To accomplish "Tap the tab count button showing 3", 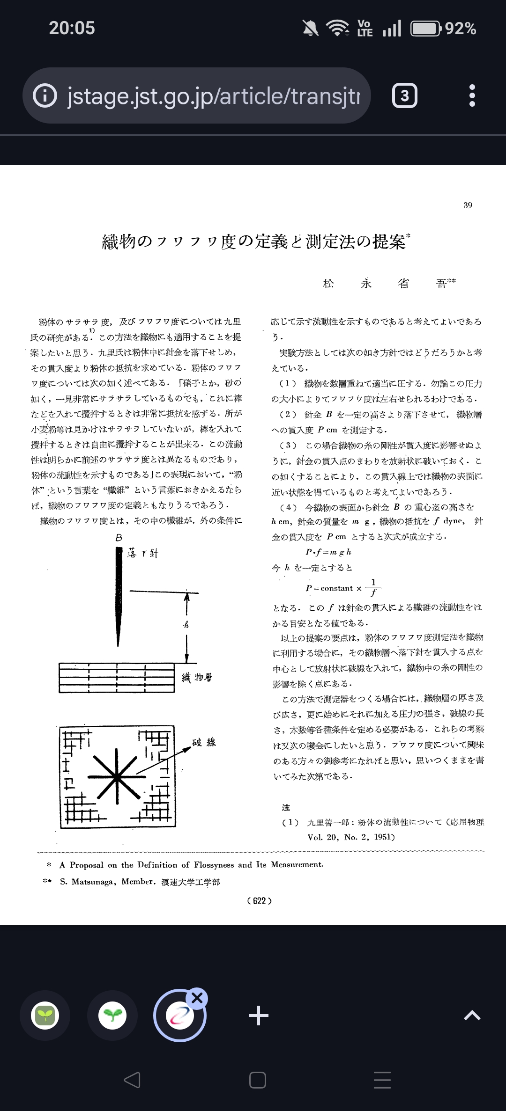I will (404, 95).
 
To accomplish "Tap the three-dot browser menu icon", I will (472, 95).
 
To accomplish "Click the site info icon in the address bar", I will (45, 95).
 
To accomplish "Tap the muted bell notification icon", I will (310, 28).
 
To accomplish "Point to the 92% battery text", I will (461, 29).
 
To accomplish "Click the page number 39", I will (468, 205).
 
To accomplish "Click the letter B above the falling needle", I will (119, 538).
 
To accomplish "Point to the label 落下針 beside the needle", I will (143, 553).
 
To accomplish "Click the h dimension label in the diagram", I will (186, 624).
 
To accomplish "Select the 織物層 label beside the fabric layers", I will (197, 677).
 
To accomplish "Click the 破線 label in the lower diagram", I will (204, 742).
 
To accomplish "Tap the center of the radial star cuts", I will (116, 777).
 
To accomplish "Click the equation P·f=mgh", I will (328, 552).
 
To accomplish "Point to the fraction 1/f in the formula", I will (373, 588).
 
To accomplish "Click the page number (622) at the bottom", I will (259, 901).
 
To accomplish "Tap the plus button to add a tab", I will (258, 1016).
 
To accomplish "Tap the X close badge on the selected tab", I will (197, 998).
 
